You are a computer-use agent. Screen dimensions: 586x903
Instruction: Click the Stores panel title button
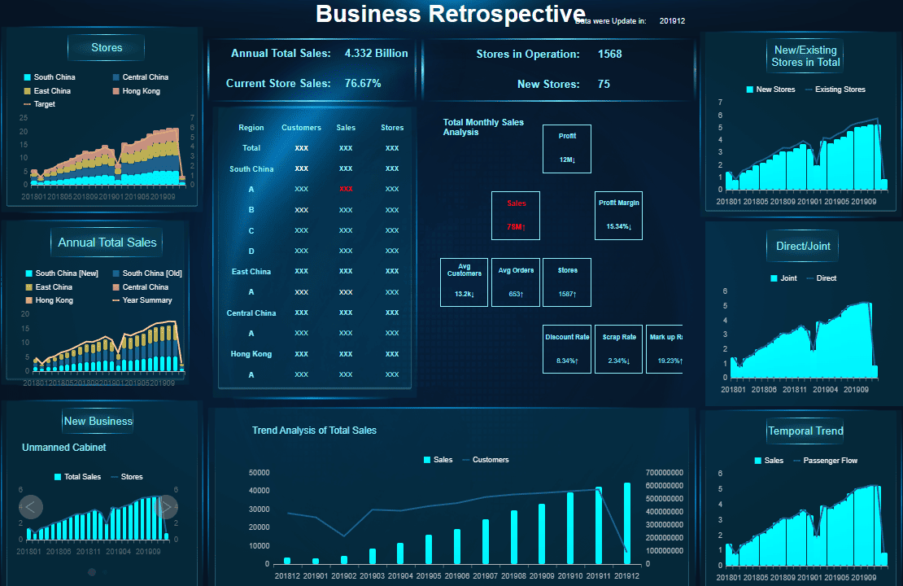pyautogui.click(x=107, y=48)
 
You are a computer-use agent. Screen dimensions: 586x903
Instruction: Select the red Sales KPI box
pyautogui.click(x=516, y=216)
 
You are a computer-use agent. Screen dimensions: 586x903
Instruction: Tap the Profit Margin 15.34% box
pyautogui.click(x=618, y=216)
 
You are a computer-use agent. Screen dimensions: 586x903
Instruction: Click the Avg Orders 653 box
pyautogui.click(x=516, y=282)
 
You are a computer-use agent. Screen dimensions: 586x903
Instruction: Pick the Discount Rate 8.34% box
pyautogui.click(x=567, y=349)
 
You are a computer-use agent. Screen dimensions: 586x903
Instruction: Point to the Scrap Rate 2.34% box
pyautogui.click(x=618, y=349)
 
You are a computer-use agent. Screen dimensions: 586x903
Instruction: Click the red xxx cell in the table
pyautogui.click(x=346, y=189)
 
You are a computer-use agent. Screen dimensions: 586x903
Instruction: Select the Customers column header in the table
pyautogui.click(x=301, y=128)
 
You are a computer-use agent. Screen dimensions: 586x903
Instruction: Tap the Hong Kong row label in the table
pyautogui.click(x=251, y=354)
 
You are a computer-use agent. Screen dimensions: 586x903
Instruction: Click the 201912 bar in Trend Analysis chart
pyautogui.click(x=627, y=523)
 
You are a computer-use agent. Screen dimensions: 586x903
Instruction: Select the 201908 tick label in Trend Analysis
pyautogui.click(x=514, y=576)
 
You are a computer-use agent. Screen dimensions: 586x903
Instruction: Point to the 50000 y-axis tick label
pyautogui.click(x=260, y=472)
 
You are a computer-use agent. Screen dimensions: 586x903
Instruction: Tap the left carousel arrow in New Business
pyautogui.click(x=31, y=507)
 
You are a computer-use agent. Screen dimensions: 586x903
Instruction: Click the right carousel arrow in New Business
pyautogui.click(x=166, y=507)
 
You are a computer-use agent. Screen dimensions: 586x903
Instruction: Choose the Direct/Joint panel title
pyautogui.click(x=802, y=246)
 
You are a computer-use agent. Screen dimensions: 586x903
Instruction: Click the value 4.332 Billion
pyautogui.click(x=377, y=54)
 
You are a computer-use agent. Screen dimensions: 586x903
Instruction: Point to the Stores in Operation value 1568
pyautogui.click(x=609, y=55)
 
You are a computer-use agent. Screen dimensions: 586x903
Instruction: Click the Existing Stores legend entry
pyautogui.click(x=840, y=90)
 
